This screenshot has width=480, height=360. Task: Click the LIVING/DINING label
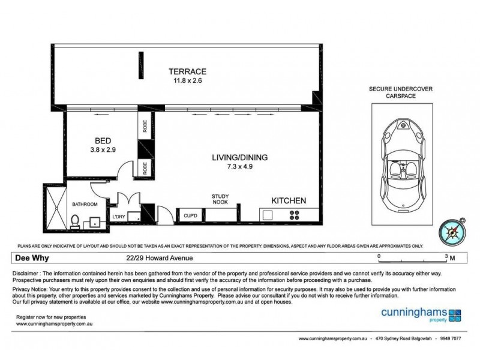tap(239, 157)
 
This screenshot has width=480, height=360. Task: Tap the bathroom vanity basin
tap(94, 223)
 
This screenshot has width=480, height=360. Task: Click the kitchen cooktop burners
tap(295, 215)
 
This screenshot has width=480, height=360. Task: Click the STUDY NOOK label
tap(220, 199)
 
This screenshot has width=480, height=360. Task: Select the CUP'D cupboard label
tap(191, 215)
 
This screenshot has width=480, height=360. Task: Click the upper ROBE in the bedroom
tap(145, 127)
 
